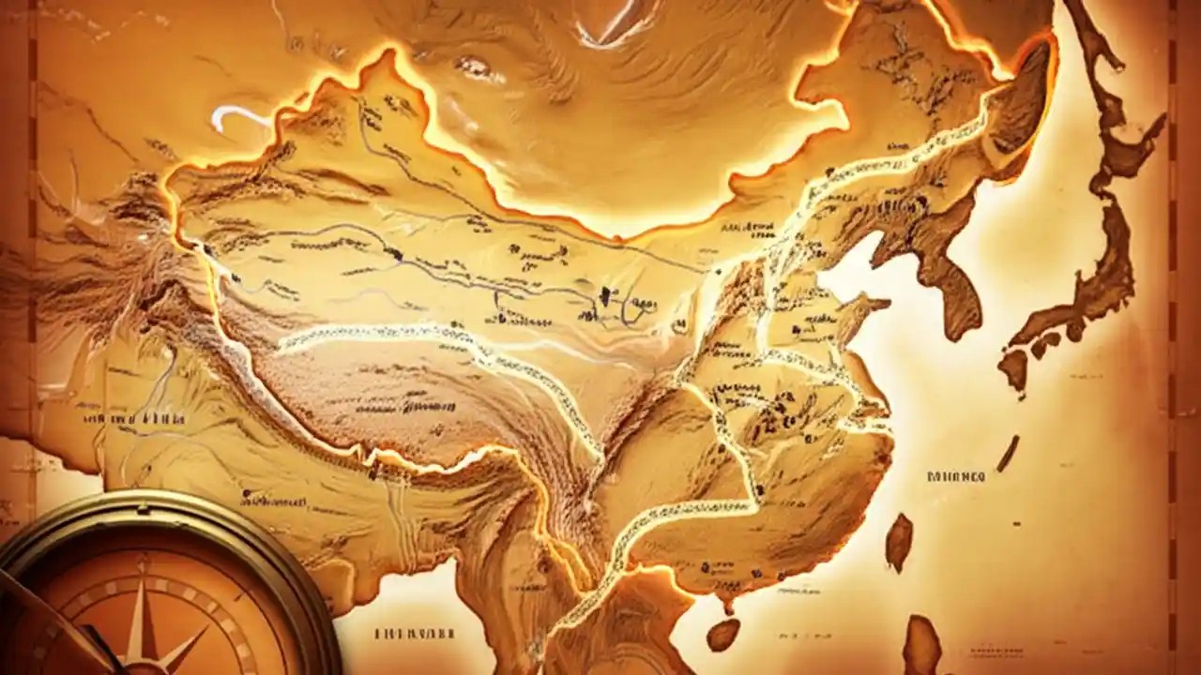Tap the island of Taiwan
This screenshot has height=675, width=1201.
click(898, 541)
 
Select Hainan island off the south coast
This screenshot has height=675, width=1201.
click(722, 634)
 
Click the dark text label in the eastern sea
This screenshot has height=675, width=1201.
click(955, 476)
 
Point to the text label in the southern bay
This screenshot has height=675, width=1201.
click(414, 634)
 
